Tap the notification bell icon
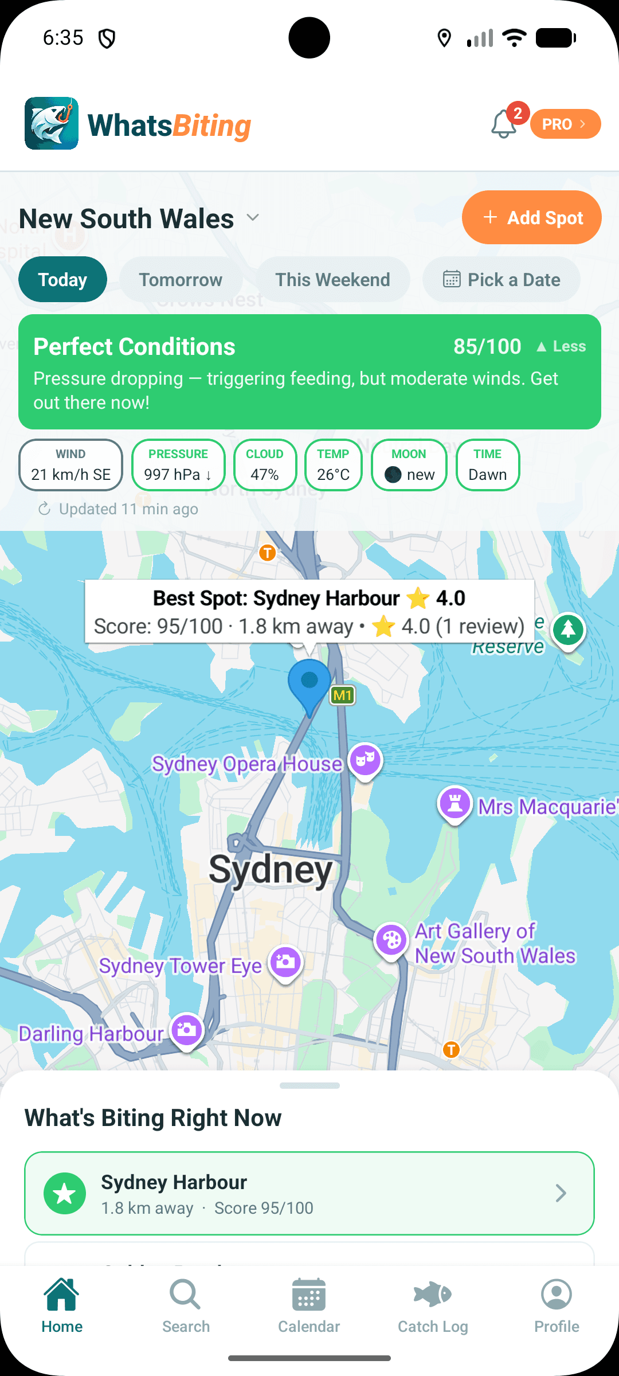pyautogui.click(x=504, y=124)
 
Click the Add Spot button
pyautogui.click(x=531, y=218)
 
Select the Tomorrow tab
pyautogui.click(x=181, y=280)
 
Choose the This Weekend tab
pyautogui.click(x=332, y=280)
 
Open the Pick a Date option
pyautogui.click(x=502, y=280)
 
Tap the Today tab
pyautogui.click(x=62, y=280)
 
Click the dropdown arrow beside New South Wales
pyautogui.click(x=253, y=218)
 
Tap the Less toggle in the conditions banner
pyautogui.click(x=561, y=346)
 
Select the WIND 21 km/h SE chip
pyautogui.click(x=70, y=465)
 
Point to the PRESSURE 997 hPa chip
pyautogui.click(x=178, y=465)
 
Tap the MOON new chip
pyautogui.click(x=409, y=465)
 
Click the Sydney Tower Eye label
pyautogui.click(x=180, y=966)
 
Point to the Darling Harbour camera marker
pyautogui.click(x=187, y=1030)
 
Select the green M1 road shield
pyautogui.click(x=342, y=695)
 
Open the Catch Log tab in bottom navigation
pyautogui.click(x=433, y=1304)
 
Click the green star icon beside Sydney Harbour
pyautogui.click(x=65, y=1193)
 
